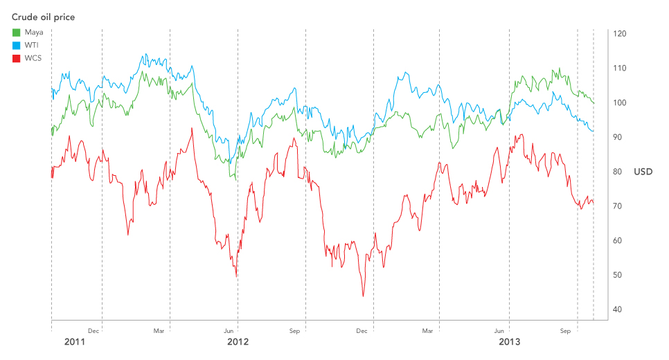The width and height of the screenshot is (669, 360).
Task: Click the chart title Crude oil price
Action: click(43, 17)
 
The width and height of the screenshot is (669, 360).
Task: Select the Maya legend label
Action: click(34, 33)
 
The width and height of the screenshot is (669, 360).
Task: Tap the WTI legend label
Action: click(32, 45)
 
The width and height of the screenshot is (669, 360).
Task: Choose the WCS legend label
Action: click(33, 58)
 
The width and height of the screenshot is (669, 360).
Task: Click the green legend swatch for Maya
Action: click(16, 33)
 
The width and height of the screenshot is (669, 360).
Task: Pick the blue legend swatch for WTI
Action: click(16, 45)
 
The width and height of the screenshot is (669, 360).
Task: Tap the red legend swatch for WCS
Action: click(16, 58)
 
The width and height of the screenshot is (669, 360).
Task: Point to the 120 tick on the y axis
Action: click(620, 33)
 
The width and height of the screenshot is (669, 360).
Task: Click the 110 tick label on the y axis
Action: click(620, 68)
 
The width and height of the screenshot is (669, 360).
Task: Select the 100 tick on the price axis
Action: click(620, 102)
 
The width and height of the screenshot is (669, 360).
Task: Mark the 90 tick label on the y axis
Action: click(621, 137)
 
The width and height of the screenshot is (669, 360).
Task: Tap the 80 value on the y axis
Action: click(621, 172)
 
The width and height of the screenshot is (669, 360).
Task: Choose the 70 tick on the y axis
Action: click(621, 206)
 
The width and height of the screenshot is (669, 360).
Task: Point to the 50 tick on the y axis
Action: click(621, 275)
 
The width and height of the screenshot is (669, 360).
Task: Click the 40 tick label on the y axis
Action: click(621, 309)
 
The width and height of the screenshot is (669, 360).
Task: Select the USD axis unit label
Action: click(643, 172)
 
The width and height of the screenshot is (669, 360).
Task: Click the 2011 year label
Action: click(75, 342)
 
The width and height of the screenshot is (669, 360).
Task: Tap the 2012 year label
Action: click(238, 342)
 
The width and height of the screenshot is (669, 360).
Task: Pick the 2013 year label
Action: click(510, 342)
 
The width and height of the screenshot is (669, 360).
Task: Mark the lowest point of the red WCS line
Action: click(363, 296)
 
